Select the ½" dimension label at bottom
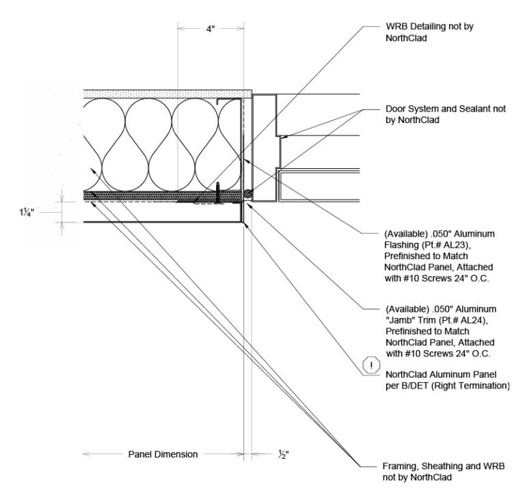click(283, 454)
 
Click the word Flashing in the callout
click(404, 245)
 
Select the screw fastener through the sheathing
click(218, 193)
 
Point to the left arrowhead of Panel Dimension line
click(85, 454)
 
